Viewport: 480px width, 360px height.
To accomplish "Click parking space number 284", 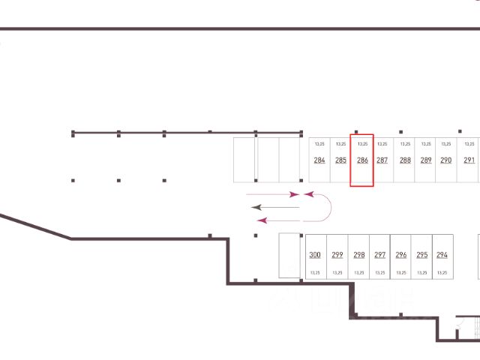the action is tap(319, 160).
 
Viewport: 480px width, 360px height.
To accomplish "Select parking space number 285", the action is tap(340, 160).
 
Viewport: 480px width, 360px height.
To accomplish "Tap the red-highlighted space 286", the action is tap(362, 160).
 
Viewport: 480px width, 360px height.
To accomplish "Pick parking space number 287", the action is tap(382, 160).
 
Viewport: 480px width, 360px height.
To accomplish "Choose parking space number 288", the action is tap(405, 160).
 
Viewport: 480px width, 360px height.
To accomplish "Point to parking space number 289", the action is tap(426, 160).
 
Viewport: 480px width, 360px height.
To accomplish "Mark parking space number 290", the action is tap(446, 160).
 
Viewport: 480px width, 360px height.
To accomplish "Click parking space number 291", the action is tap(469, 160).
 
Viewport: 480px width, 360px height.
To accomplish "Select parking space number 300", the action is tap(315, 255).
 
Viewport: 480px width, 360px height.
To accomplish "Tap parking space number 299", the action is tap(337, 255).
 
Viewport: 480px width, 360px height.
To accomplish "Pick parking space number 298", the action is tap(359, 255).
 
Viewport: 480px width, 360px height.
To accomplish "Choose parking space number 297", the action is tap(380, 255).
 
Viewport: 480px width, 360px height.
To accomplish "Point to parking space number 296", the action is tap(401, 255).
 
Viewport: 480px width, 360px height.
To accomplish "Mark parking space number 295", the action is tap(422, 255).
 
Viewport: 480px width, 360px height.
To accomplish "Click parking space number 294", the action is tap(442, 255).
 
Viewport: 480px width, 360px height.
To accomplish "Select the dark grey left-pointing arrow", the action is tap(274, 206).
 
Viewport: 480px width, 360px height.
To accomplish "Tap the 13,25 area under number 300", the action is tap(315, 272).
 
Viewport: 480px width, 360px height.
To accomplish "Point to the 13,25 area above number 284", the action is tap(319, 143).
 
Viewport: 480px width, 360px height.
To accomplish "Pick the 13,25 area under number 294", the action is tap(442, 272).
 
